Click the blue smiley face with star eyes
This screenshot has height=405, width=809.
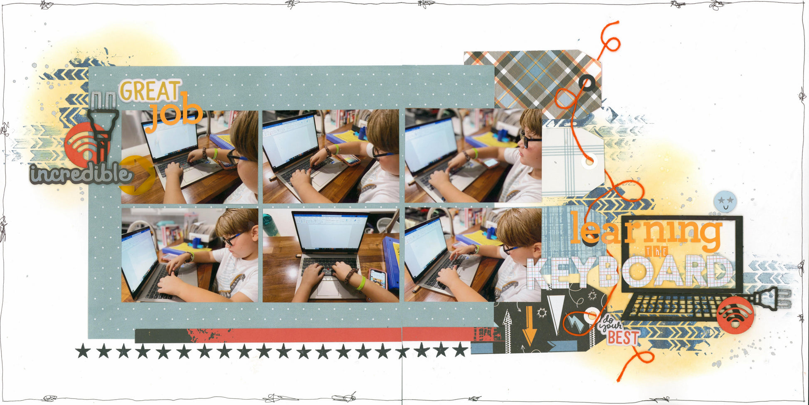pyautogui.click(x=725, y=201)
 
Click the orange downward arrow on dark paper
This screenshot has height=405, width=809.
pyautogui.click(x=529, y=326)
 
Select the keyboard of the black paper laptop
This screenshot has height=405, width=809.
pyautogui.click(x=676, y=307)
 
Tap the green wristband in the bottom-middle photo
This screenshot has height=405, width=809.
pyautogui.click(x=361, y=283)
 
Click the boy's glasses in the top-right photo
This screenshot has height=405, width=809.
pyautogui.click(x=529, y=140)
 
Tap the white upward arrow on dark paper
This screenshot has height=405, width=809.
pyautogui.click(x=507, y=331)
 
